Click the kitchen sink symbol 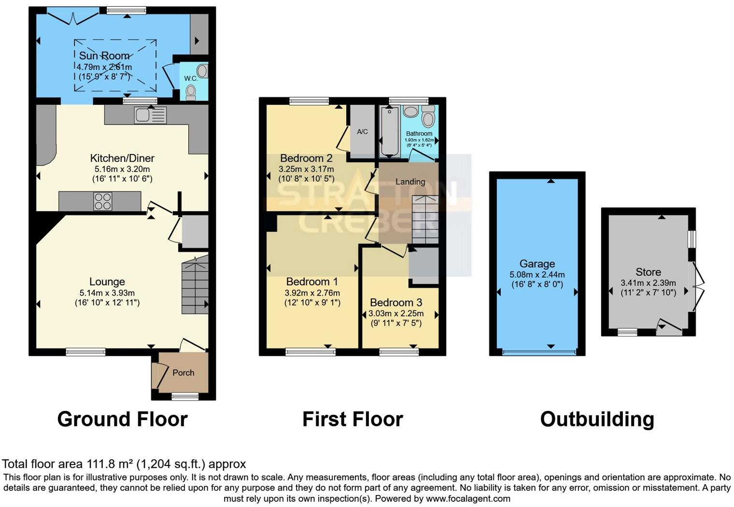click(x=151, y=115)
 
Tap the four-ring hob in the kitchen click(x=103, y=201)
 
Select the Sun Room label click(x=104, y=56)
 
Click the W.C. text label click(x=191, y=79)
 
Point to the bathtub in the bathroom click(x=390, y=132)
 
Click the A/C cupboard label click(x=362, y=131)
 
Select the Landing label click(x=410, y=182)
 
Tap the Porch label click(x=183, y=373)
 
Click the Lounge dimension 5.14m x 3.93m click(x=107, y=293)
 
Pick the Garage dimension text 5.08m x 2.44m click(x=537, y=274)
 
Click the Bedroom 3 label click(x=395, y=302)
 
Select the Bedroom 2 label click(x=306, y=158)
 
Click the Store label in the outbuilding click(x=648, y=272)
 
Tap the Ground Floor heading click(x=122, y=419)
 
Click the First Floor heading click(x=353, y=419)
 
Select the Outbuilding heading click(x=597, y=419)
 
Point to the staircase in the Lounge click(x=195, y=285)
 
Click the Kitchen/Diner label click(x=122, y=158)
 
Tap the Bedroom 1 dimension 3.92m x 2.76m click(x=312, y=293)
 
